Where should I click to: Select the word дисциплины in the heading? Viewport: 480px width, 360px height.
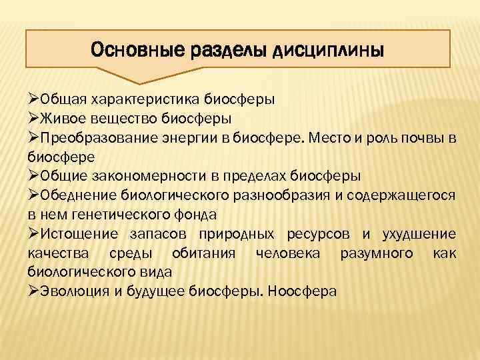coord(328,51)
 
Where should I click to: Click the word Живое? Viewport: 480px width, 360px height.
coord(63,119)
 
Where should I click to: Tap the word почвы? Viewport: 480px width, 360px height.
coord(419,138)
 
